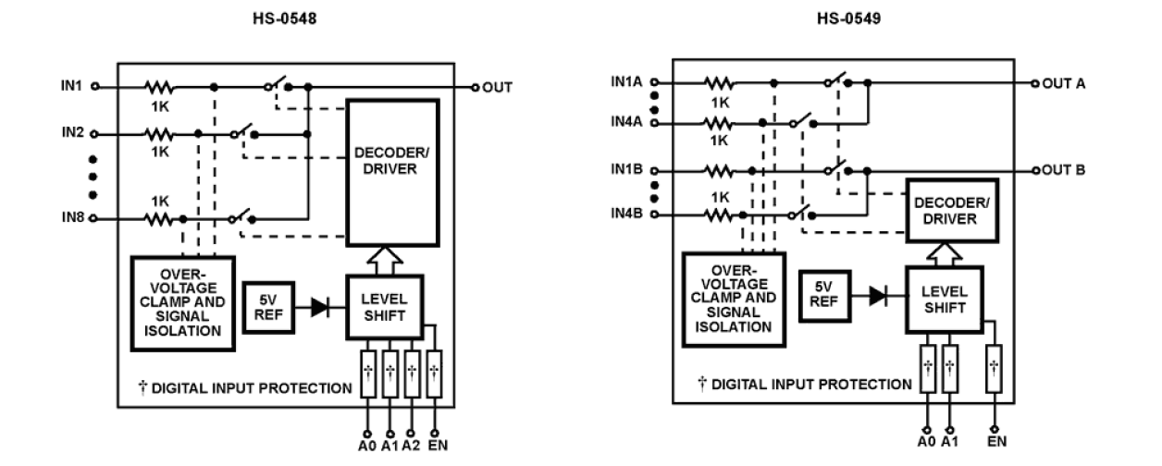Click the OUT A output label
pos(1062,82)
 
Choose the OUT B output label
pos(1062,171)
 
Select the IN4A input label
pos(626,122)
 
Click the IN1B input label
pos(626,172)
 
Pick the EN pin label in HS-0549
pos(995,443)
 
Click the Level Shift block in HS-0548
pos(384,306)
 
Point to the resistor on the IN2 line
pos(159,132)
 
